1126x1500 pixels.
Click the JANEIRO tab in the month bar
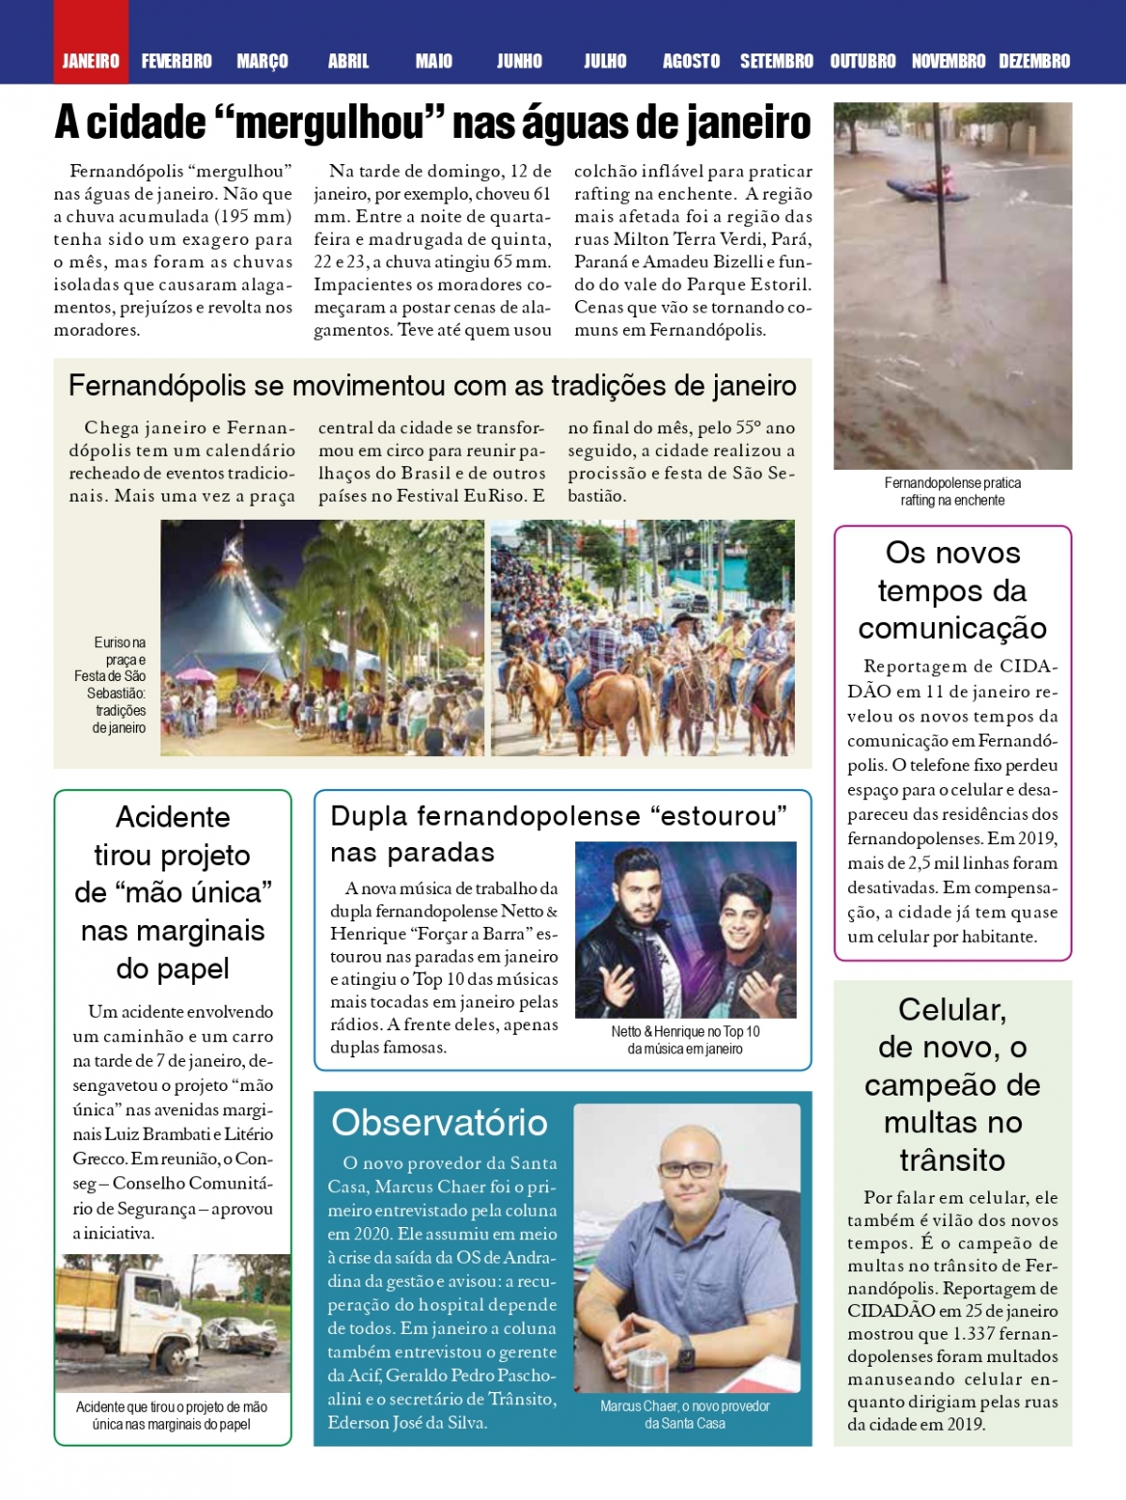91,61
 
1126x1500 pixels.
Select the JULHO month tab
605,61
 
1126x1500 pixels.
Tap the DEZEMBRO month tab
1034,61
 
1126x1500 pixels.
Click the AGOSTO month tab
691,61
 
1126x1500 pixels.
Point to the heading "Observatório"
439,1122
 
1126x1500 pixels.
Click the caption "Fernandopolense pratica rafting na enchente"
952,492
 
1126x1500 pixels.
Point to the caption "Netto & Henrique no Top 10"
685,1032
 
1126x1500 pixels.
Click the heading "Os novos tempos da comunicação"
952,590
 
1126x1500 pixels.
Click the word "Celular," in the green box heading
951,1009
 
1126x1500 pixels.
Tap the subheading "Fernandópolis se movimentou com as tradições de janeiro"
433,386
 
